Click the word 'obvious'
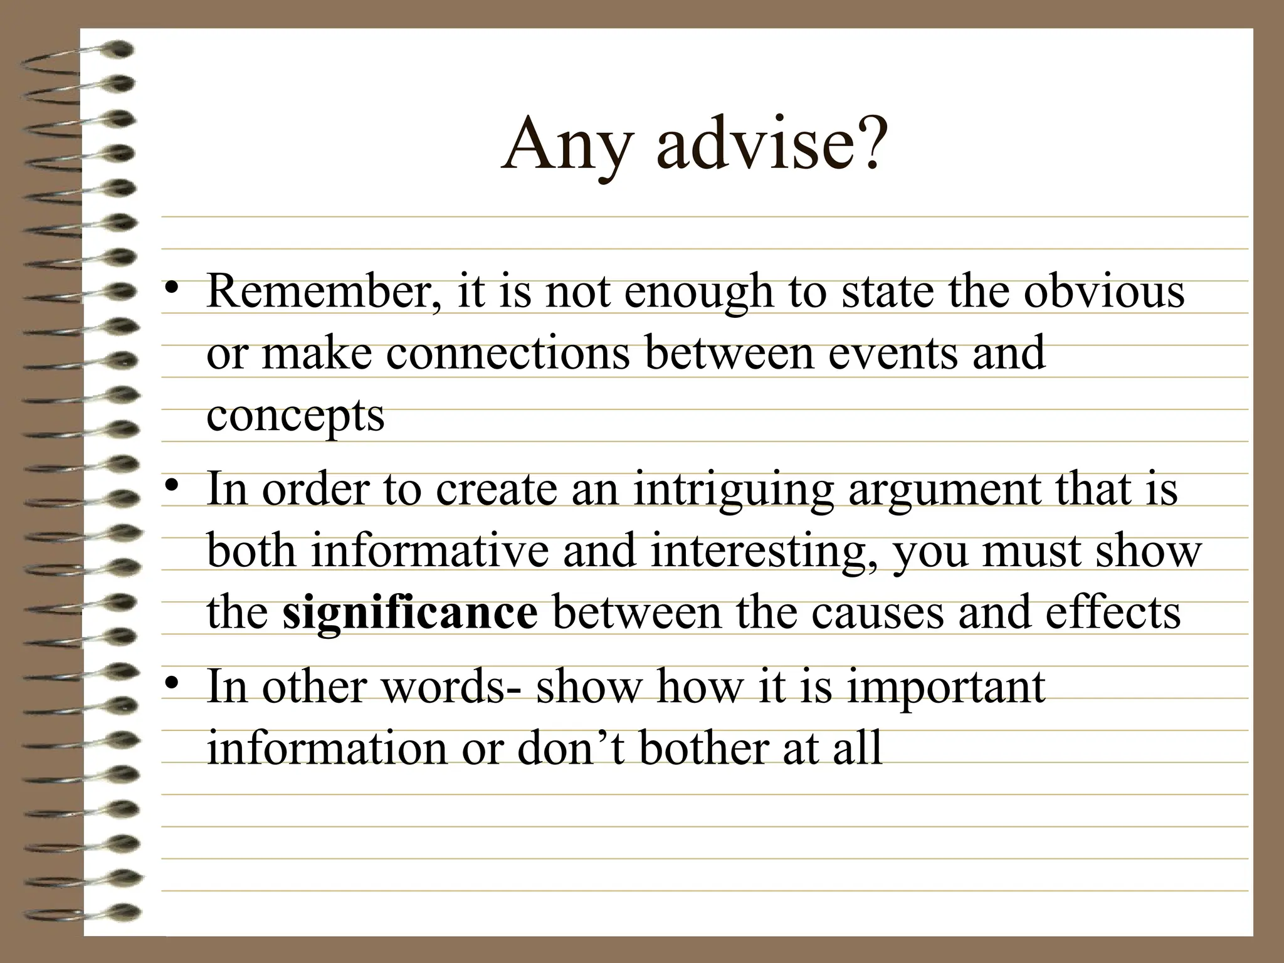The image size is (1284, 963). [x=1104, y=292]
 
